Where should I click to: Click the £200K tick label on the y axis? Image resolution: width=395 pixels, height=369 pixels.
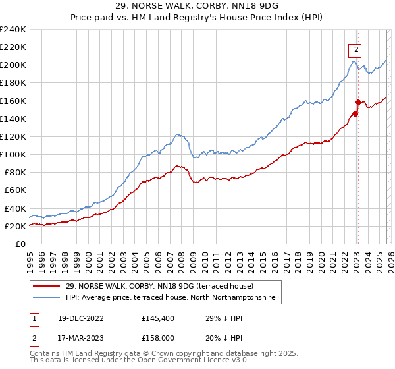click(x=13, y=65)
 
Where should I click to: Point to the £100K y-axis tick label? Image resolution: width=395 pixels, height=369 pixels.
click(x=13, y=154)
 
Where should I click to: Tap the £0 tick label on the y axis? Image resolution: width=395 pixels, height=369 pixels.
click(x=20, y=244)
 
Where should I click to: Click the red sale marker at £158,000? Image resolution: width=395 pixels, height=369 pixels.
click(x=358, y=102)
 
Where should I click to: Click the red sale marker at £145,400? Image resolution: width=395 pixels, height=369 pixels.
click(x=355, y=113)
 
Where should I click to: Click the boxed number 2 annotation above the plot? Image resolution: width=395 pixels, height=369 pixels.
click(x=355, y=48)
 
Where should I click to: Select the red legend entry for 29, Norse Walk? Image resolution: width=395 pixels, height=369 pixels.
click(x=155, y=287)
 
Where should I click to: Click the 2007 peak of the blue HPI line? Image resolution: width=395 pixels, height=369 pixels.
click(x=178, y=134)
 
